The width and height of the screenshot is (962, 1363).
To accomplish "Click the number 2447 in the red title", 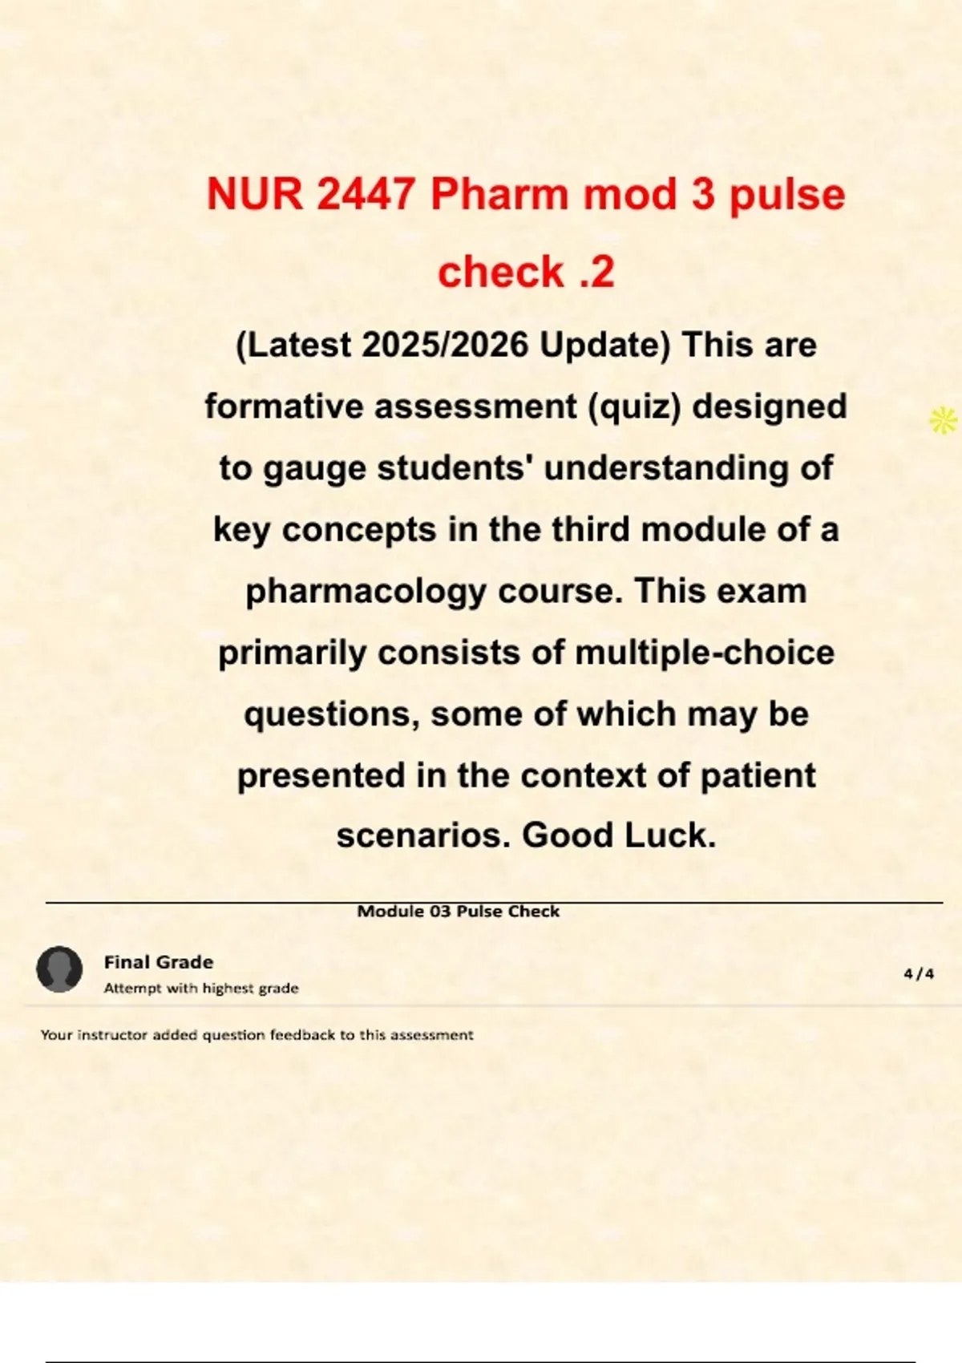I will [366, 195].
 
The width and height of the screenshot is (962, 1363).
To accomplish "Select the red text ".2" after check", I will [595, 272].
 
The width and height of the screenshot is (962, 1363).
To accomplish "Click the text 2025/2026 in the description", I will [445, 346].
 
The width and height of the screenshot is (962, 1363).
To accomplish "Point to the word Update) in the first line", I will [604, 346].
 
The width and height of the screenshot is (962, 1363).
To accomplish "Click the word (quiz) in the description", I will [634, 406].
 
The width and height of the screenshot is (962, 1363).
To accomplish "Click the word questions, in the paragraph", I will [332, 714].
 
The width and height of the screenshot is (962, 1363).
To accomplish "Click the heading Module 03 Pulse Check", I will [458, 912].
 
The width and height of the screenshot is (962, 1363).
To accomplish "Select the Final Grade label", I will [159, 962].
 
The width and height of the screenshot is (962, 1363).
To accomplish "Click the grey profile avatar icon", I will [59, 969].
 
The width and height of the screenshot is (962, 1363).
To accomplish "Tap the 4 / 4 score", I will [919, 974].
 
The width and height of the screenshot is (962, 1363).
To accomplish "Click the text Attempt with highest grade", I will [201, 989].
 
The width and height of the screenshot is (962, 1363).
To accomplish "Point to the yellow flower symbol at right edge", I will [944, 420].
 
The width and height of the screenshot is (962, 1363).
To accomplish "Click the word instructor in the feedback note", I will [112, 1035].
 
